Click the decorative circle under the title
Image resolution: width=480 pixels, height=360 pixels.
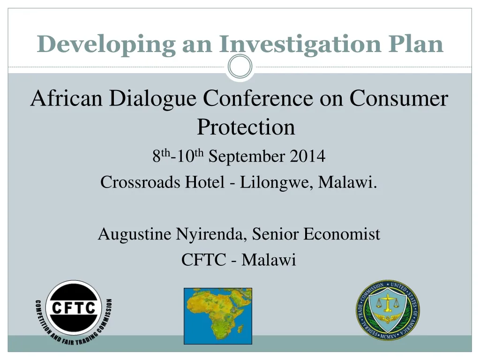[240, 67]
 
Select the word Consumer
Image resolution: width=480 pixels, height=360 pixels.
[399, 99]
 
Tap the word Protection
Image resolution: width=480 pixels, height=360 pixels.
[246, 127]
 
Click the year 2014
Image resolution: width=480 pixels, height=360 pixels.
[307, 156]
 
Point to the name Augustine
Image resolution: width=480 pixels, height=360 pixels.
[135, 233]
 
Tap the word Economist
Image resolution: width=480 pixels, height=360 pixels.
[342, 233]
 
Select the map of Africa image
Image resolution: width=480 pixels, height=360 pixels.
[217, 316]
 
